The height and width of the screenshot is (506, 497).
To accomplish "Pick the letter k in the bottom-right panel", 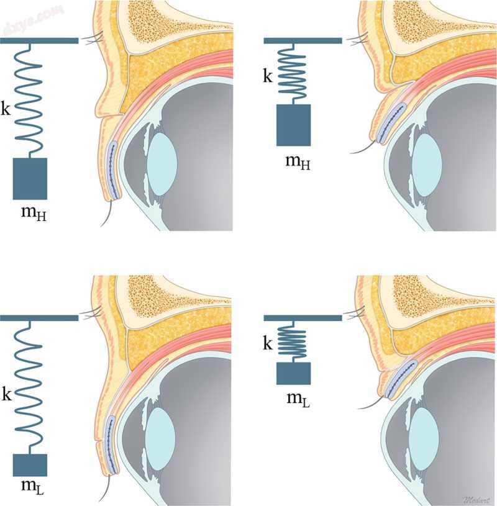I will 268,343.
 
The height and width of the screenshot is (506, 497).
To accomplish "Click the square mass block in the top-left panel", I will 30,179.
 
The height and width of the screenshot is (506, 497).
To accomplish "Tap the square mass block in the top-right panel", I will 293,125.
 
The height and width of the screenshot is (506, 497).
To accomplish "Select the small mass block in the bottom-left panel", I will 30,466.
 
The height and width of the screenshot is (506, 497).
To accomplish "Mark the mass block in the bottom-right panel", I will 293,373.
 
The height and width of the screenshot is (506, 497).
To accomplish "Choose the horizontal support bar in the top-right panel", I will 303,40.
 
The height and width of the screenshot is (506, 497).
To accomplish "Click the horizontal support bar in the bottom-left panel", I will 39,317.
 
